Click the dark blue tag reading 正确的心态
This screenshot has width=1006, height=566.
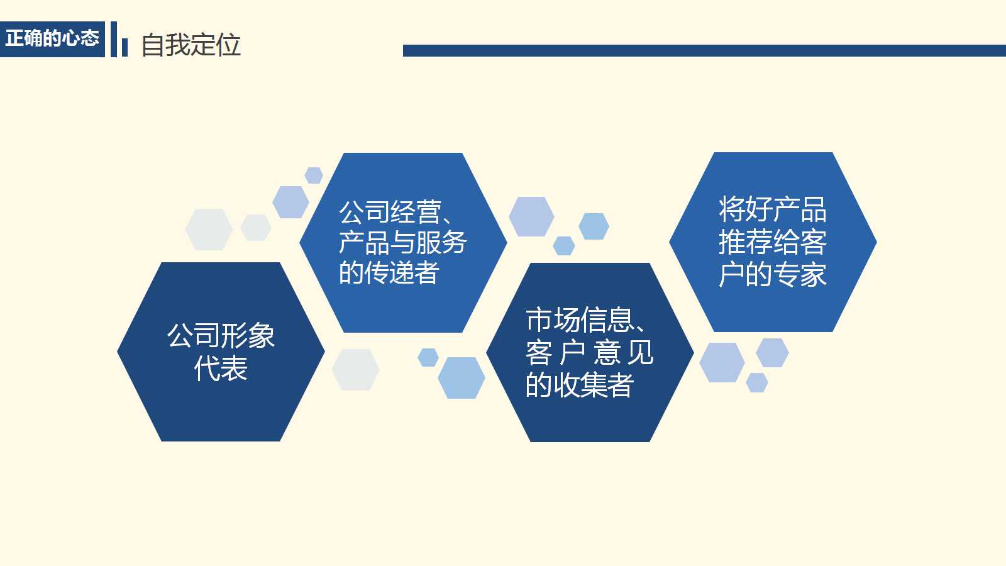52,39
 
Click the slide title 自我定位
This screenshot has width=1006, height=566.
191,45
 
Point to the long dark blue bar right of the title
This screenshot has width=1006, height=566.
704,50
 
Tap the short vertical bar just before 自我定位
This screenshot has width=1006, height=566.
124,47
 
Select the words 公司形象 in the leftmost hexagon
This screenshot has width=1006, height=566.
221,336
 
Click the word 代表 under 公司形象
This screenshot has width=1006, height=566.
221,369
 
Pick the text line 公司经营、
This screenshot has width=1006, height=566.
396,213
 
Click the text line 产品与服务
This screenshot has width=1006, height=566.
403,243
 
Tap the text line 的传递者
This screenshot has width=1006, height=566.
389,273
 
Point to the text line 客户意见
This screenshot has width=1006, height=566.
589,353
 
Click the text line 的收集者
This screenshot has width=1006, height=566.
580,385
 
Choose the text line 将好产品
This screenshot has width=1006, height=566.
773,209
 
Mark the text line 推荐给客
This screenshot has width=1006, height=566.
773,242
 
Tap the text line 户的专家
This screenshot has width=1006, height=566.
773,275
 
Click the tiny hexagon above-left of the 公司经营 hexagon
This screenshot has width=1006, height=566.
314,175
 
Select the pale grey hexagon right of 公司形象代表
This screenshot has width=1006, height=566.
355,370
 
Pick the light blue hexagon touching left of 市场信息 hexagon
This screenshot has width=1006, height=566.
462,378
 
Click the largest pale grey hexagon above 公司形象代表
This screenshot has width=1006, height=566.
209,230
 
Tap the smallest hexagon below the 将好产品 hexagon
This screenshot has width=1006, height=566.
757,382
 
